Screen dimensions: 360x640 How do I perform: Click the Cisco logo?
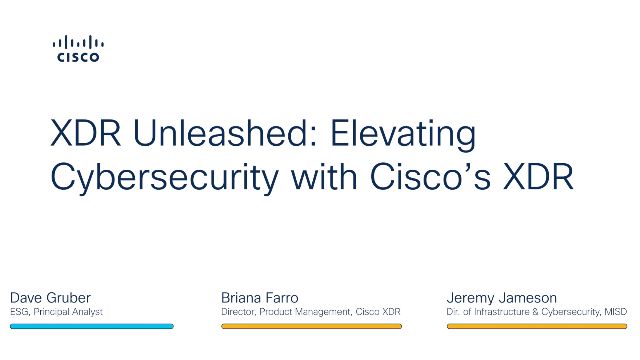[77, 49]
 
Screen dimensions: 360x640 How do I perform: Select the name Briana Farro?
[261, 297]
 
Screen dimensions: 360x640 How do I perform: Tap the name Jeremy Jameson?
[503, 297]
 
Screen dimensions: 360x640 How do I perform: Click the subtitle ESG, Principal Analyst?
[56, 312]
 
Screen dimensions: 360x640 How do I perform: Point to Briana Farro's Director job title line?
[310, 312]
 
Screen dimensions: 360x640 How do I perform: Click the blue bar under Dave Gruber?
[91, 326]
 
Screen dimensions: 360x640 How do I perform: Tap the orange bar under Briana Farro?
[311, 326]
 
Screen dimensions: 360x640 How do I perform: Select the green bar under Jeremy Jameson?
[536, 326]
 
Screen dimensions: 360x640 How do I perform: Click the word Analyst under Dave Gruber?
[87, 312]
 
